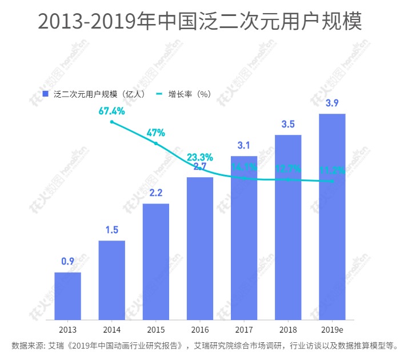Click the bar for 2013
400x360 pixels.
point(67,295)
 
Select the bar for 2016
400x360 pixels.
point(200,248)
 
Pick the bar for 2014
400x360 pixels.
point(111,279)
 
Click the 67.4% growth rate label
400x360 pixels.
point(111,111)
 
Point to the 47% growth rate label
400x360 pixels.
point(155,133)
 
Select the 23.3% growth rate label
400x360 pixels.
point(200,157)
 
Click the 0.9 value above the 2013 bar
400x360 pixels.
point(67,262)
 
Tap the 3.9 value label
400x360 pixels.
point(332,103)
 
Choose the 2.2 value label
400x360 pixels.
point(155,193)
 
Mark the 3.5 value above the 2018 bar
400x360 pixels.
point(288,124)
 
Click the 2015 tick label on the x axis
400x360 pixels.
point(155,330)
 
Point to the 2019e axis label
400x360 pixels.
point(332,330)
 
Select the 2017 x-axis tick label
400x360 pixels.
point(244,330)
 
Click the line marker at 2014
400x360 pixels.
point(112,122)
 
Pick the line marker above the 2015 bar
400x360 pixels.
point(155,143)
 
